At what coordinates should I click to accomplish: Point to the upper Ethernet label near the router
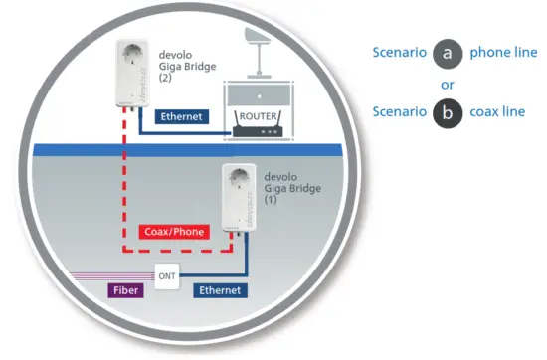(x=182, y=116)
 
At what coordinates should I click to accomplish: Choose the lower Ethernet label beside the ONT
(x=219, y=290)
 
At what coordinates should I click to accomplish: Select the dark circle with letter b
(x=448, y=112)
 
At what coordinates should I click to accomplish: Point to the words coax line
(x=498, y=112)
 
